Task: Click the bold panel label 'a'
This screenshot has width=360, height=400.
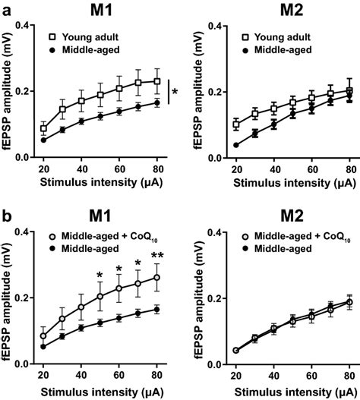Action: coord(6,9)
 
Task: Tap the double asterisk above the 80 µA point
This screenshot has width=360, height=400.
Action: coord(157,256)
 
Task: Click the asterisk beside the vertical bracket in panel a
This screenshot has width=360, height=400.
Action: coord(175,92)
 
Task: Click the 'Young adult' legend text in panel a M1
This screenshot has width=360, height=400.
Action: coord(94,36)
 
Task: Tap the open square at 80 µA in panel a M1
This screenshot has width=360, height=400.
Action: coord(157,81)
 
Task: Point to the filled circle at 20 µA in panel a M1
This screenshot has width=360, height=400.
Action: coord(43,140)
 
